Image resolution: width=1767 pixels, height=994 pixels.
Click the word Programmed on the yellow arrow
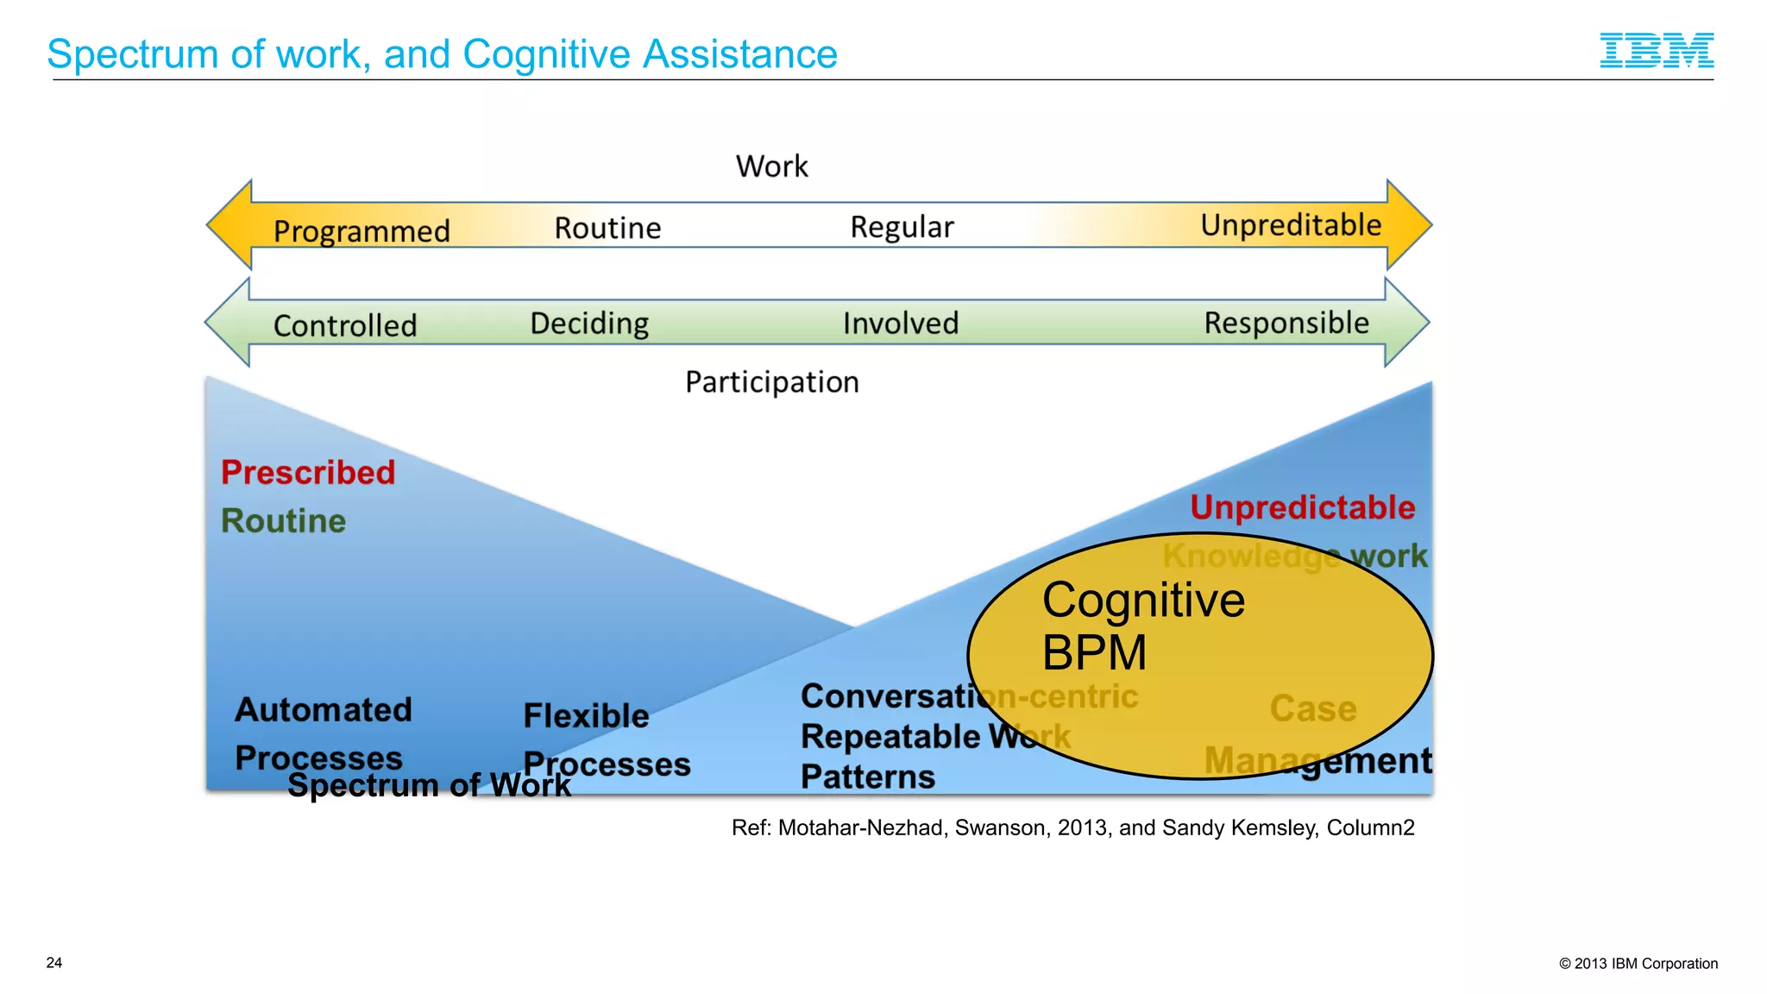362,231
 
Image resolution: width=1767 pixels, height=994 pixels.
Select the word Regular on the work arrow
902,227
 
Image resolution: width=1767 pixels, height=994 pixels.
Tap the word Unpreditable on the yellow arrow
1291,225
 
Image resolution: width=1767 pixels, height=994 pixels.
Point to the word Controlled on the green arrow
345,325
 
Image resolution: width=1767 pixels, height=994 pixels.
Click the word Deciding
589,324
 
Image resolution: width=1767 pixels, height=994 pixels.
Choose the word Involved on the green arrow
901,324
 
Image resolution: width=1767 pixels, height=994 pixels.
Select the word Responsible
1286,323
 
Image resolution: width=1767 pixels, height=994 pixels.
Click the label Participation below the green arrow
772,382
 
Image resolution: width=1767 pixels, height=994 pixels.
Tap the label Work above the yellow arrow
771,167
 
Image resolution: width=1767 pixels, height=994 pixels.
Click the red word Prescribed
308,473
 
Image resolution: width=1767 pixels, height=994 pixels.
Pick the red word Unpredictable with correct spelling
1302,507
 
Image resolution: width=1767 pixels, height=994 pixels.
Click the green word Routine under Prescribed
283,521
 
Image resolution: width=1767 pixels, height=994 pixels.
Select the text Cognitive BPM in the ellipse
1142,626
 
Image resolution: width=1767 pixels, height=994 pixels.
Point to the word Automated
324,710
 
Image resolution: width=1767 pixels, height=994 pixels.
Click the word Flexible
586,716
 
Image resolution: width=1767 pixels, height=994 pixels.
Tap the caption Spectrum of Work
429,785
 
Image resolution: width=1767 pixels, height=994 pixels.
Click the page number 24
54,963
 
